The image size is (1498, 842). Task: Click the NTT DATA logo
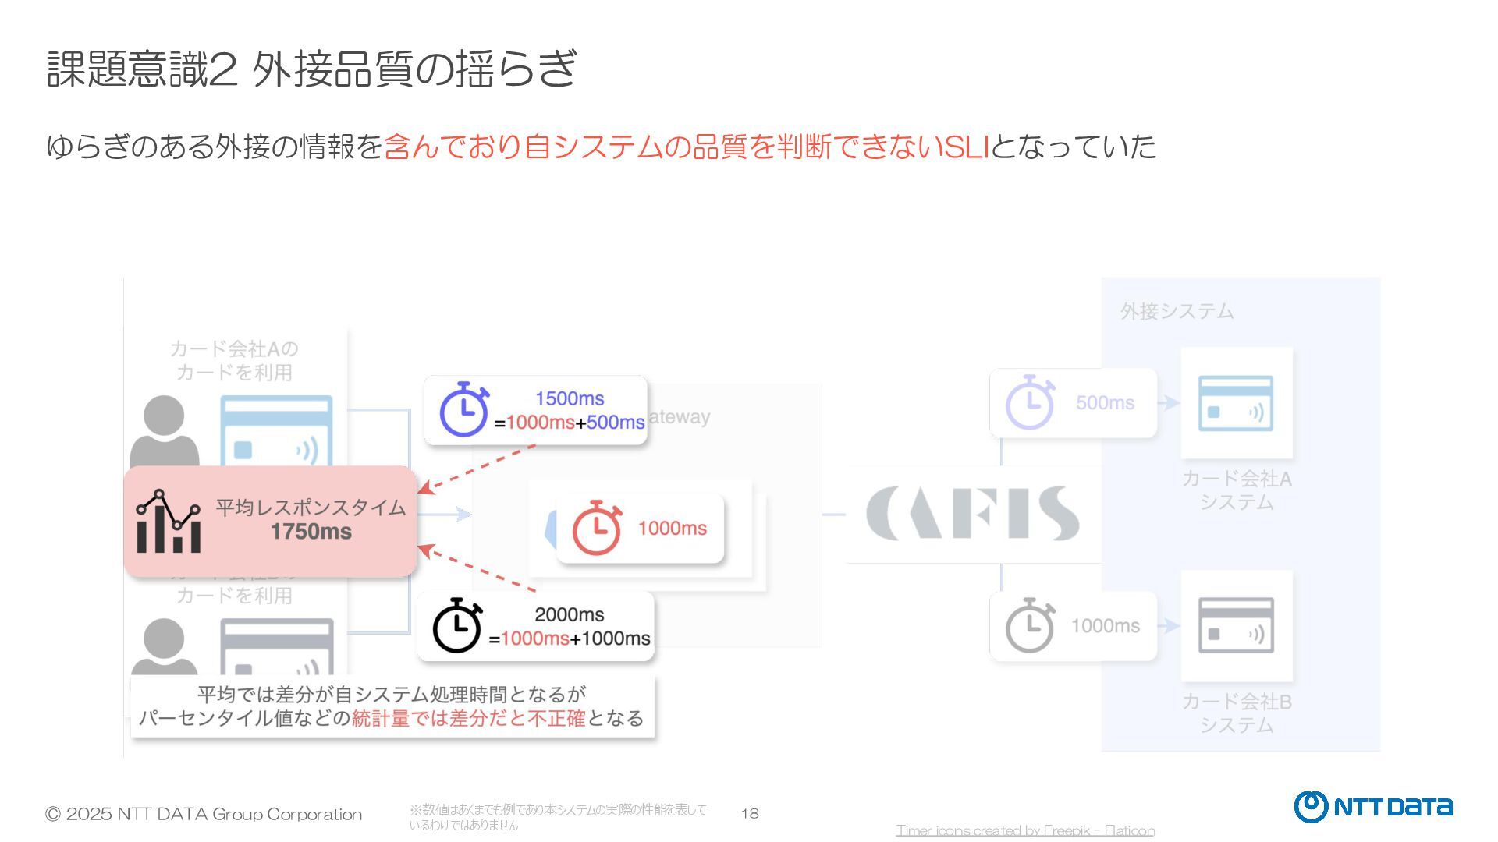pos(1373,807)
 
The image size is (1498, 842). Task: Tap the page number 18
pos(750,814)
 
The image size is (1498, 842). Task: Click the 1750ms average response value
pos(311,532)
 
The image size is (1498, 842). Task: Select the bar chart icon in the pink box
pos(169,522)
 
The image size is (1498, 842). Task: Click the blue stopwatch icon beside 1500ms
pos(463,409)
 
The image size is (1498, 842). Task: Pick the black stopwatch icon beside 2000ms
pos(457,625)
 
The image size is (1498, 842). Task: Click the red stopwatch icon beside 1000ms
pos(597,528)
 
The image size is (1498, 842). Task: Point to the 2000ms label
pos(570,614)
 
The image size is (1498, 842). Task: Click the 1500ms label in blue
pos(570,398)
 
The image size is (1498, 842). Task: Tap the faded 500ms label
pos(1105,403)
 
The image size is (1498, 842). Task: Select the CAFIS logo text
pos(972,513)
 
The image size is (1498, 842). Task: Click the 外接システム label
pos(1177,312)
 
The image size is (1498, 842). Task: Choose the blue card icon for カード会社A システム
pos(1236,404)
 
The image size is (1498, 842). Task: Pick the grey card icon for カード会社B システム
pos(1236,626)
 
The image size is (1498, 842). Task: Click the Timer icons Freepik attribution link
pos(1025,830)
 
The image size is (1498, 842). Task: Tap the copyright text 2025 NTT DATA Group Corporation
pos(204,815)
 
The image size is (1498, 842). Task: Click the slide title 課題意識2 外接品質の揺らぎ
pos(312,69)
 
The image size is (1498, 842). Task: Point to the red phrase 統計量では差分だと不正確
pos(468,718)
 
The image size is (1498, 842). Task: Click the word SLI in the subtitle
pos(966,147)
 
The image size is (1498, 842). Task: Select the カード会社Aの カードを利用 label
pos(234,360)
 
